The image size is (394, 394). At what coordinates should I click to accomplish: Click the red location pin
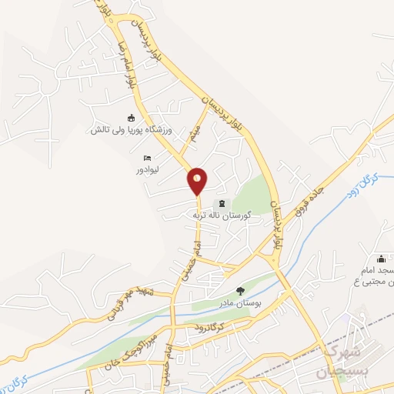[198, 180]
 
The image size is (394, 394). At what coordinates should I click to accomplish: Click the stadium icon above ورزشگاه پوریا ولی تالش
[131, 118]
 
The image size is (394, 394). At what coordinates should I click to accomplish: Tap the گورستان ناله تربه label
[222, 215]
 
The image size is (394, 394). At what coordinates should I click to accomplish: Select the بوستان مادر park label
[241, 302]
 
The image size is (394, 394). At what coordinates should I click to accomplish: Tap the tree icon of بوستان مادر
[240, 291]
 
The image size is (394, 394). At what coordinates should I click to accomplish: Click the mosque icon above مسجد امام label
[382, 259]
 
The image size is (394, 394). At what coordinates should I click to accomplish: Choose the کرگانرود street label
[209, 328]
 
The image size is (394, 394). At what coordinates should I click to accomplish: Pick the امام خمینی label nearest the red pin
[196, 253]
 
